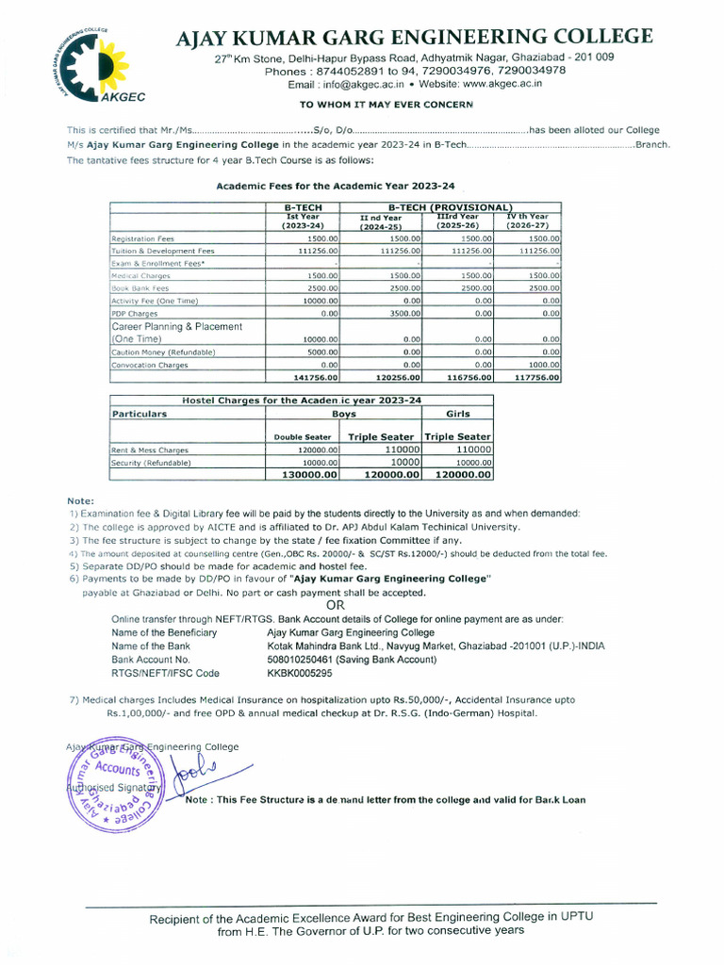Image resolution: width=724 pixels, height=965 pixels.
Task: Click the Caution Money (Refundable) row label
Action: point(164,352)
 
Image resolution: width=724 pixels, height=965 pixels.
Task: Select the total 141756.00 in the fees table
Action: point(316,377)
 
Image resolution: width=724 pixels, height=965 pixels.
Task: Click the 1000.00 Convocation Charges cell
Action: point(544,364)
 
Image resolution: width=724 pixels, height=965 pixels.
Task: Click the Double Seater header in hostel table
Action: point(303,436)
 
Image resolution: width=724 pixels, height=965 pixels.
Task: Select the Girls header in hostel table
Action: point(457,413)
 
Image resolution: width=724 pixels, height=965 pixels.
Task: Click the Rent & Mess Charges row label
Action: point(150,450)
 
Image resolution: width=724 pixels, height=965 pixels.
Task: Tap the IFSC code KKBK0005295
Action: point(300,674)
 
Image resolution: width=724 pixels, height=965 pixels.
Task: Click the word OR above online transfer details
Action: point(335,605)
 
